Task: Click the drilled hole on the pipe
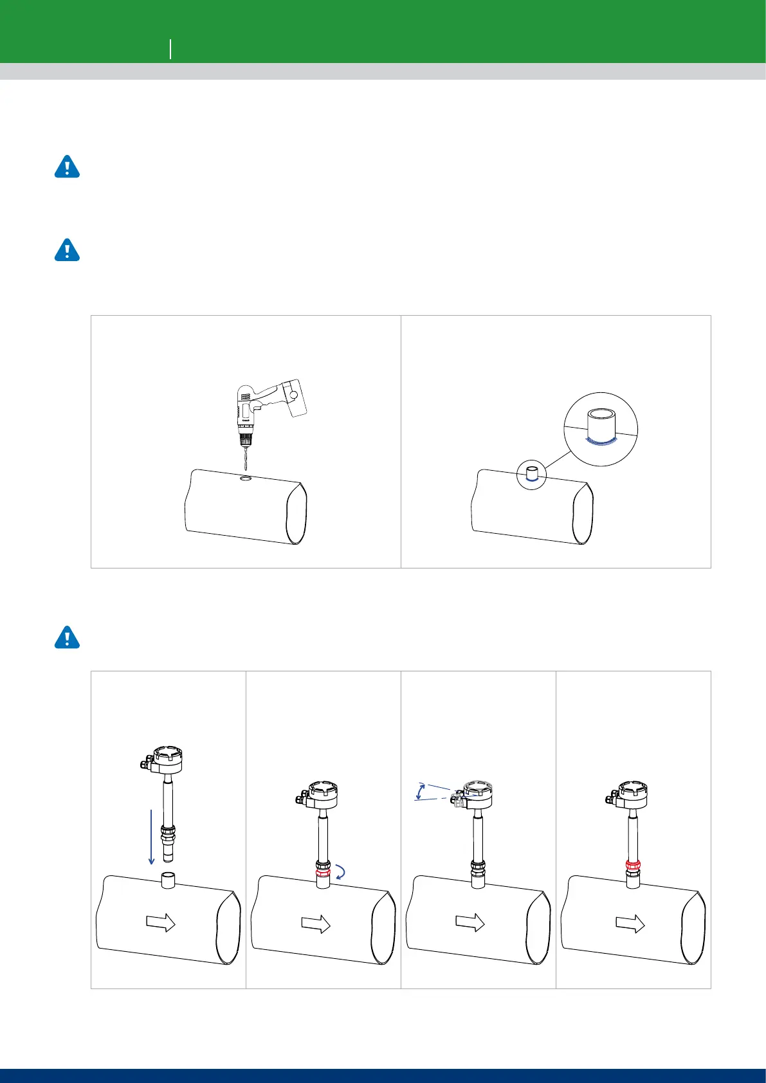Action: [246, 478]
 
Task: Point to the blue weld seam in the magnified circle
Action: [599, 441]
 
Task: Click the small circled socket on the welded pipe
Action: [532, 475]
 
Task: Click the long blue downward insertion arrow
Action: [150, 837]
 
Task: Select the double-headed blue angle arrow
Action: [420, 791]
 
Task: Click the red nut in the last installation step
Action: [632, 867]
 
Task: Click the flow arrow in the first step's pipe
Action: [161, 924]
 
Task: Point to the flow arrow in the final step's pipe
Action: [630, 924]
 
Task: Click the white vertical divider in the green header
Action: [170, 48]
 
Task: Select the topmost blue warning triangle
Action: [66, 167]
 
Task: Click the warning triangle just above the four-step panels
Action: [66, 637]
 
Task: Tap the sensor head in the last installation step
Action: [632, 794]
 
